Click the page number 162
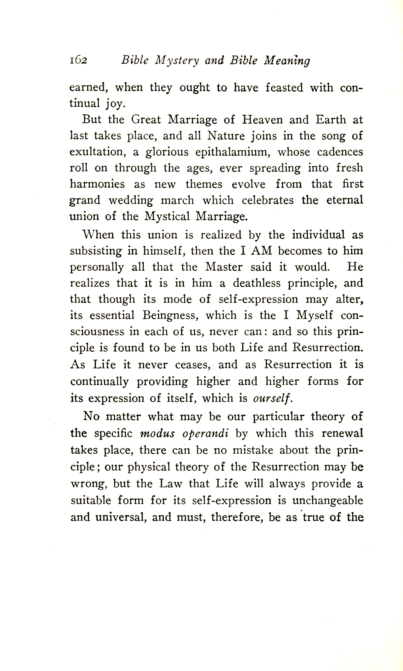79,60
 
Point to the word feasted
284,88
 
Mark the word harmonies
97,184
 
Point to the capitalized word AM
262,251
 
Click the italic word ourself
272,398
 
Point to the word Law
170,484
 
